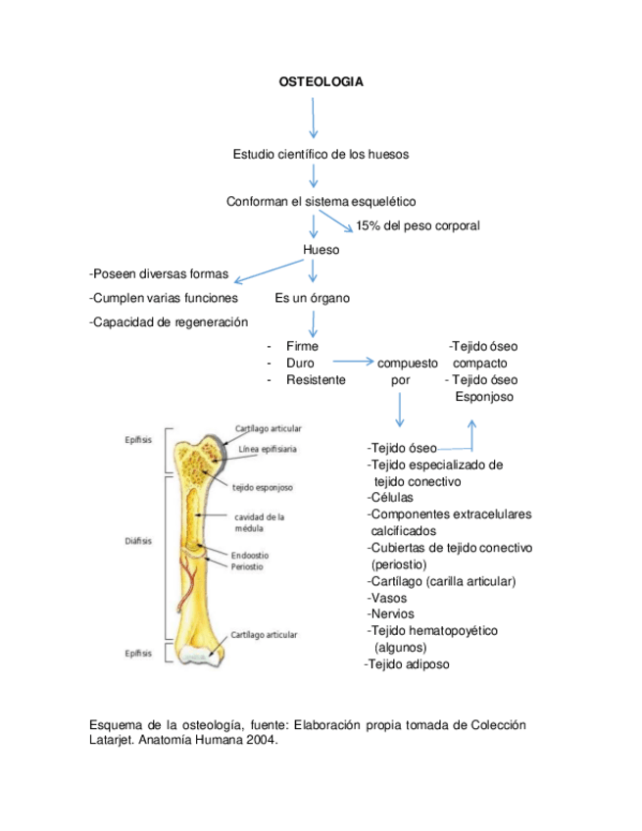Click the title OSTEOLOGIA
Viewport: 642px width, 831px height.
(x=321, y=82)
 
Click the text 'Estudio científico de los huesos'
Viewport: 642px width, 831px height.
(x=321, y=154)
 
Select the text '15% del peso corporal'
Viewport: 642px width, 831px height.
(x=418, y=226)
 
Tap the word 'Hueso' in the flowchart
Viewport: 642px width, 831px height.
(x=321, y=250)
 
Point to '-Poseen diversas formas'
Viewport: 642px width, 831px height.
(x=159, y=273)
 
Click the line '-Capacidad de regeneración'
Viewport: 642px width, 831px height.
(x=169, y=321)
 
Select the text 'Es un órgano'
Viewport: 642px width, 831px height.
(x=313, y=298)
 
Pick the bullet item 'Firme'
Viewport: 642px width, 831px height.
(x=302, y=346)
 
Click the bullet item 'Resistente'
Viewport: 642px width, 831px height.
(x=316, y=379)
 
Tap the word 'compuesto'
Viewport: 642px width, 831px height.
(x=408, y=363)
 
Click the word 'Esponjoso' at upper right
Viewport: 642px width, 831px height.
(x=484, y=397)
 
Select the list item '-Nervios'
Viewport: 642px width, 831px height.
(x=391, y=614)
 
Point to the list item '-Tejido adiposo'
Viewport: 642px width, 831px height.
(x=407, y=665)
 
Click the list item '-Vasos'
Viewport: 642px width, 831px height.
(x=387, y=598)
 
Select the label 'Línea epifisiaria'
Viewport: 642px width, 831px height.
(x=268, y=450)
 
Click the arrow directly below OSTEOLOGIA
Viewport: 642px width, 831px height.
(x=314, y=117)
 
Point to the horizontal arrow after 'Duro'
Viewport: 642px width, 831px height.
(x=347, y=363)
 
